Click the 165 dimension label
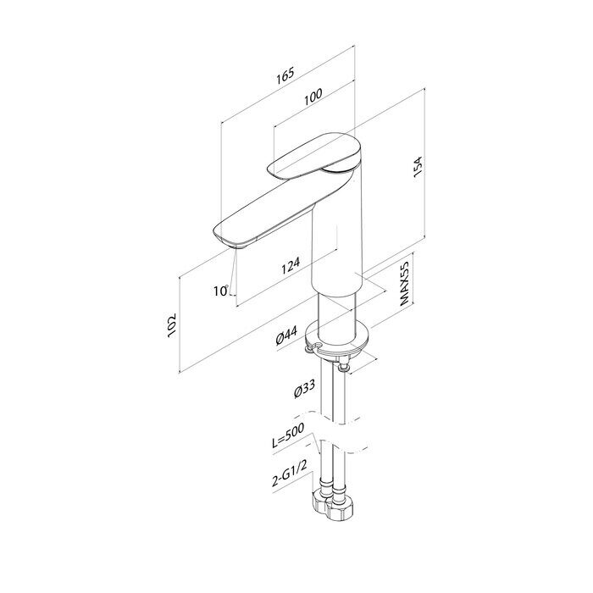(x=285, y=75)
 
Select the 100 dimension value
(x=313, y=97)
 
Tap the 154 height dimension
(x=418, y=167)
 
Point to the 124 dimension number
(x=291, y=265)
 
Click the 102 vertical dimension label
(x=172, y=325)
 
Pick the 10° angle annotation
(x=221, y=291)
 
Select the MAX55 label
(x=405, y=283)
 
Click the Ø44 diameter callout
(x=286, y=335)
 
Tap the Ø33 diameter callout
(x=304, y=388)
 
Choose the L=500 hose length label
(x=288, y=436)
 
